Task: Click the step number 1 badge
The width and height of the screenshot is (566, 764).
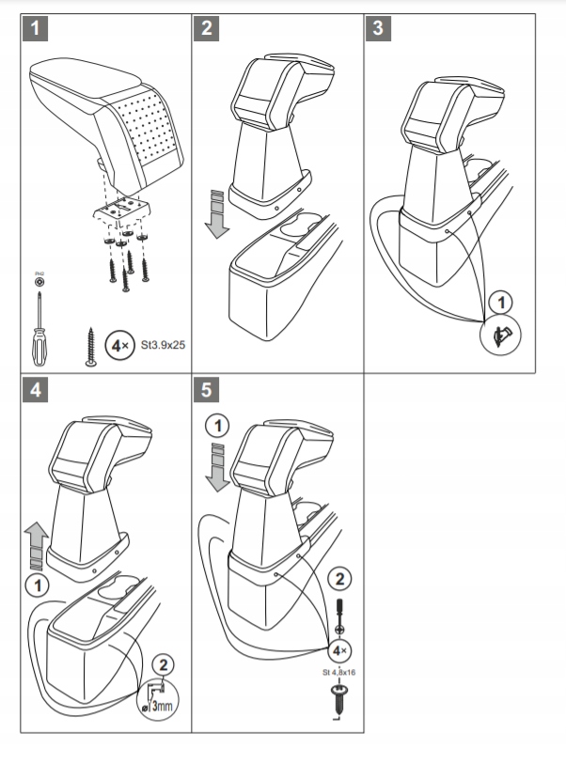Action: (36, 28)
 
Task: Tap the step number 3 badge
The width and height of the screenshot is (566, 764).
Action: (378, 28)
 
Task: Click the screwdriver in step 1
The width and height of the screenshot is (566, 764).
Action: (39, 325)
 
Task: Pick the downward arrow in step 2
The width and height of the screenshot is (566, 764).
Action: (218, 213)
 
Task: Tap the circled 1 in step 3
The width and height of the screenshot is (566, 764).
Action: (503, 304)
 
